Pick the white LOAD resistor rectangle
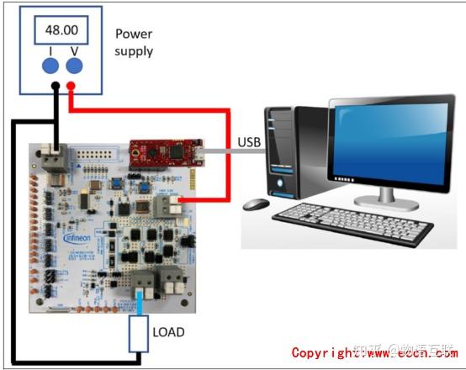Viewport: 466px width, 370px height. tap(138, 333)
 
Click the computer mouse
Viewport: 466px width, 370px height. tap(257, 203)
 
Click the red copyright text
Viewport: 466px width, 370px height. tap(375, 353)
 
